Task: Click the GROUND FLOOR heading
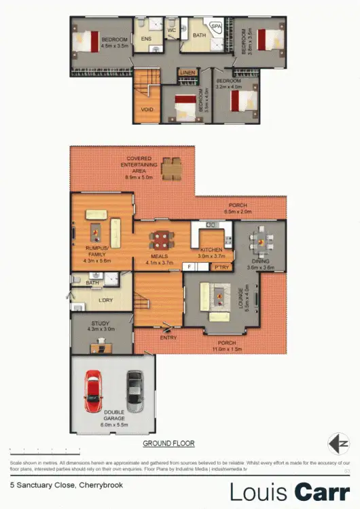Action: [168, 443]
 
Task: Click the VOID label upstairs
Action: [147, 109]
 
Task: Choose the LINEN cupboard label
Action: [187, 72]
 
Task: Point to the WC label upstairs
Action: [171, 30]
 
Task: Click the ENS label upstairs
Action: [146, 39]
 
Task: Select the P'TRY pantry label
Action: [221, 267]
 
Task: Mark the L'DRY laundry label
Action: [105, 299]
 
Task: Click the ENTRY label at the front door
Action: [168, 337]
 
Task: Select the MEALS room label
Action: [158, 256]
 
